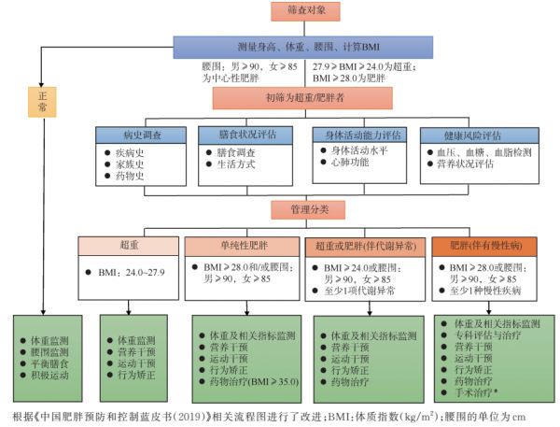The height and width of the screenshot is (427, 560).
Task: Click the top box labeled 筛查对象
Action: tap(305, 11)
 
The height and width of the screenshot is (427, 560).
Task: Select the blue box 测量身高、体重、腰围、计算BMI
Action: tap(303, 48)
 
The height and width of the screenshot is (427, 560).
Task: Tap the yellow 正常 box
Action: tap(42, 102)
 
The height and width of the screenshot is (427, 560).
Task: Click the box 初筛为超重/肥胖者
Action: tap(302, 98)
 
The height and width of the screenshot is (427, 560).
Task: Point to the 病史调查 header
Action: tap(141, 135)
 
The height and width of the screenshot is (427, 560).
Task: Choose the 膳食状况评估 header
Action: tap(245, 135)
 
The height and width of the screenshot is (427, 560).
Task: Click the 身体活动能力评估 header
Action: tap(359, 135)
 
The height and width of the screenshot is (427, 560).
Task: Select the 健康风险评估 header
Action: tap(480, 135)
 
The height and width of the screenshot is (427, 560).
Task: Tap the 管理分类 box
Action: tap(308, 209)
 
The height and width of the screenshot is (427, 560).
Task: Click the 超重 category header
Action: tap(129, 246)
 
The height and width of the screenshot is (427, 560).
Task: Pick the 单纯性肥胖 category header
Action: tap(242, 247)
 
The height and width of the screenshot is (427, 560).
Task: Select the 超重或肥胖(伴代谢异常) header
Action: tap(365, 247)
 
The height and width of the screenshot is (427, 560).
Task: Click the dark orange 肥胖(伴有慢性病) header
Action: tap(484, 247)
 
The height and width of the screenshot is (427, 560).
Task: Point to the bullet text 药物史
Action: tap(130, 176)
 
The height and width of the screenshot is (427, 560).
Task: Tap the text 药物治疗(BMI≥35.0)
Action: tap(254, 381)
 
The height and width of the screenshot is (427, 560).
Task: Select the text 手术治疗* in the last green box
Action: tap(476, 392)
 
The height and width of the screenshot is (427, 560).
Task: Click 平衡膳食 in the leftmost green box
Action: tap(49, 364)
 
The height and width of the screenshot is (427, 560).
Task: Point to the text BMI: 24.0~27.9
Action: tap(132, 273)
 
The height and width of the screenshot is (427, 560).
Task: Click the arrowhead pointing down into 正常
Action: tap(41, 84)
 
